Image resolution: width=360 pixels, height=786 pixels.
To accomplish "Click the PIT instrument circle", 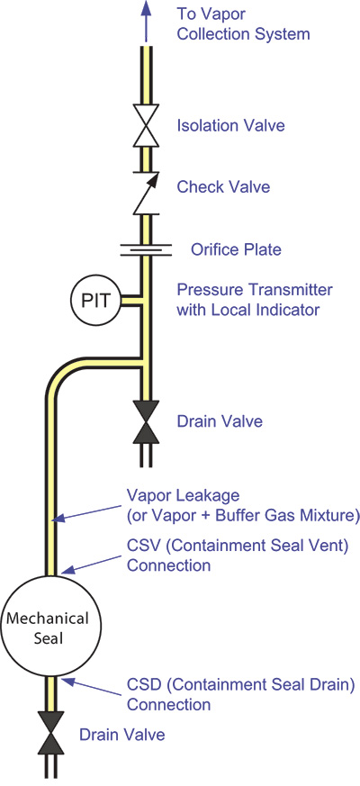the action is [94, 301].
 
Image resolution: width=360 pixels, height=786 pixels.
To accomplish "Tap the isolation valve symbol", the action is [146, 125].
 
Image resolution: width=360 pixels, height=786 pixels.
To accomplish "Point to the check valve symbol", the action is [146, 193].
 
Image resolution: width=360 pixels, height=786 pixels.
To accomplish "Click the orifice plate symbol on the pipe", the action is [146, 249].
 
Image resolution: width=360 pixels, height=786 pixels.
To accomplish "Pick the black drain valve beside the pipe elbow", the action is [146, 421].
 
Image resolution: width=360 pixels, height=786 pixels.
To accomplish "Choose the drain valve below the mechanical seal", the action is [50, 734].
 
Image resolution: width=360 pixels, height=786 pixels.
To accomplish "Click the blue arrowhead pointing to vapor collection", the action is [146, 9].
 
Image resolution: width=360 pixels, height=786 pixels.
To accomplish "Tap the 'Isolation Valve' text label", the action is [230, 125].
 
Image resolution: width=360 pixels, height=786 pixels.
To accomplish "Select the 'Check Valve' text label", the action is [223, 187].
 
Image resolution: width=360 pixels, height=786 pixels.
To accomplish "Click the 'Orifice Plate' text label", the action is [236, 249].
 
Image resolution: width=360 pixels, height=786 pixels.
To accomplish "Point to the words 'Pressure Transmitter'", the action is [254, 289].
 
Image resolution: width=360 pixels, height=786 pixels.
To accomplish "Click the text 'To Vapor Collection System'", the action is [243, 24].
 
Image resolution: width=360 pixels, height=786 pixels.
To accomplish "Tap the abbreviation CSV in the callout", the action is [142, 546].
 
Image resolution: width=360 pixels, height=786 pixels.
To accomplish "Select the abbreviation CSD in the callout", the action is [143, 683].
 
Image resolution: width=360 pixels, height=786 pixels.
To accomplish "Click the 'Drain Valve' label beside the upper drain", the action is [220, 421].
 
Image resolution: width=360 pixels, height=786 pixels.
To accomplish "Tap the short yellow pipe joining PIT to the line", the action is [129, 301].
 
